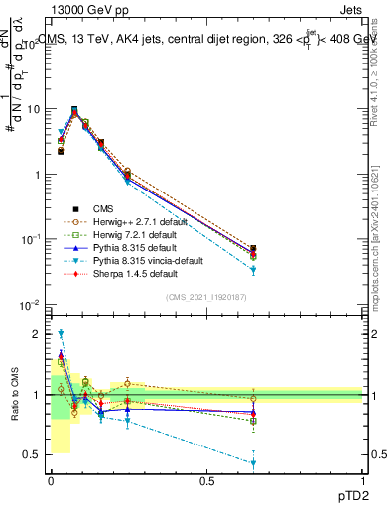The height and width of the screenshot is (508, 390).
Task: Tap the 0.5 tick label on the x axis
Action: point(206,481)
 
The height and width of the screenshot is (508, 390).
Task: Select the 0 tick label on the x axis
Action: point(51,481)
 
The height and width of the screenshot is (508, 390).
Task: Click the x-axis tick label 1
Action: point(363,481)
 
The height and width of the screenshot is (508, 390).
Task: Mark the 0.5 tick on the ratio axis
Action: point(33,454)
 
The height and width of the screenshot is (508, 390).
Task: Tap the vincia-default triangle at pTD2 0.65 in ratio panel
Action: point(254,463)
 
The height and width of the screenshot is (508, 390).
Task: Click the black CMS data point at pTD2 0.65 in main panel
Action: point(254,250)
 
